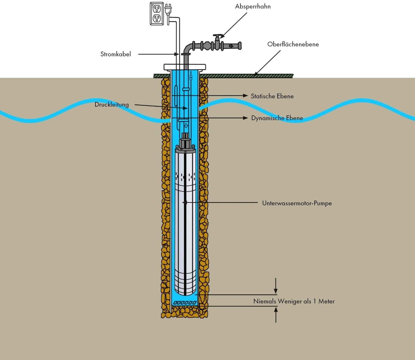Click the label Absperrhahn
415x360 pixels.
pos(253,6)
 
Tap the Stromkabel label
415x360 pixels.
pos(115,54)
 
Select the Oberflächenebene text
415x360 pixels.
pos(293,44)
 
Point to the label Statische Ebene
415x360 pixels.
pos(272,96)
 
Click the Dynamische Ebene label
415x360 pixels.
pos(277,118)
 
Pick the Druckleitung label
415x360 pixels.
pos(111,104)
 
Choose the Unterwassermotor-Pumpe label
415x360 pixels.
pos(297,203)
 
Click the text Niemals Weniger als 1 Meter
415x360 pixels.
pos(294,301)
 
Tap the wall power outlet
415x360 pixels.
pos(157,14)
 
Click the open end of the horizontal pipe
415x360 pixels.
pos(240,46)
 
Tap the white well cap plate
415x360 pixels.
pos(185,67)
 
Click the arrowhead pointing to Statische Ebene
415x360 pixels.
pos(245,96)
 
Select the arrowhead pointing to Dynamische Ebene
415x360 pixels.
pos(245,118)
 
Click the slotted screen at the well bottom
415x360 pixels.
pos(185,303)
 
